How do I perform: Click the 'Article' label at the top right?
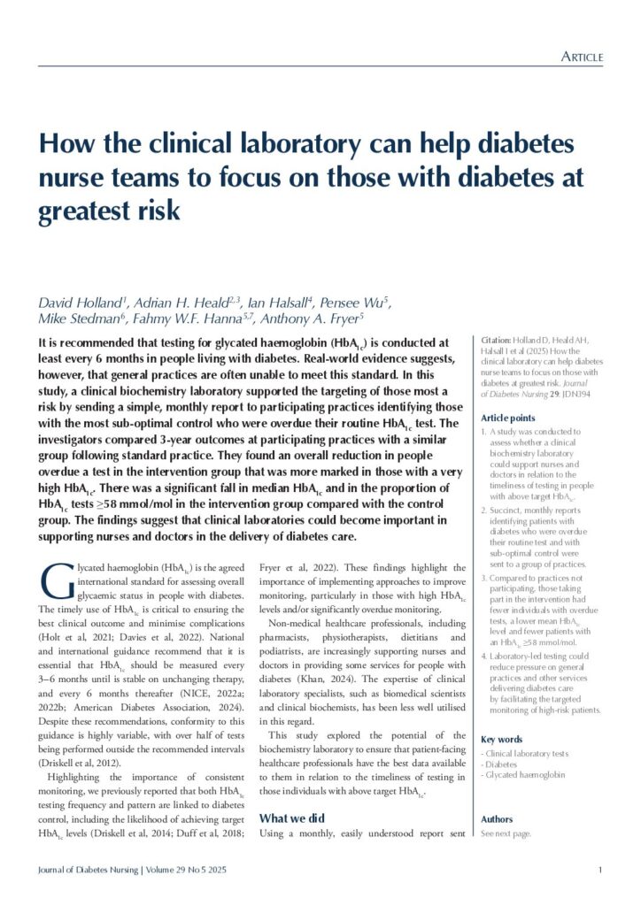[582, 58]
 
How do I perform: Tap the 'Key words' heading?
[500, 739]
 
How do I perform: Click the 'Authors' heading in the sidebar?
[496, 819]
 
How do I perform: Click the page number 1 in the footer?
[599, 871]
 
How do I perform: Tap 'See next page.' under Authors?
[506, 834]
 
